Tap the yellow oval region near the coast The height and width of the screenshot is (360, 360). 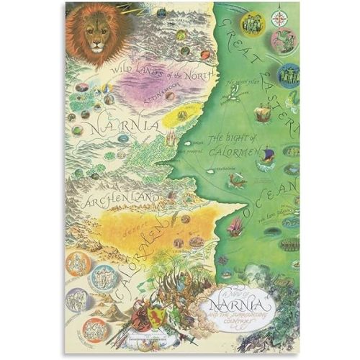[181, 114]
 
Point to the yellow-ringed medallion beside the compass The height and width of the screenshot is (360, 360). [252, 24]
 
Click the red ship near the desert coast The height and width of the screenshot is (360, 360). [235, 226]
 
